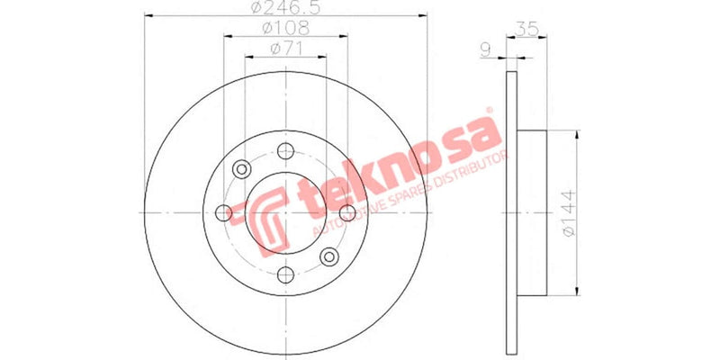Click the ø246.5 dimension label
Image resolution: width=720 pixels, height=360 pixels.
point(286,9)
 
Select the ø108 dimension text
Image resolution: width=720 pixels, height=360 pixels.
point(285,28)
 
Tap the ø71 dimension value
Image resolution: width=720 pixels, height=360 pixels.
point(285,49)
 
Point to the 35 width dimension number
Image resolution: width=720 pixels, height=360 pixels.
point(527,29)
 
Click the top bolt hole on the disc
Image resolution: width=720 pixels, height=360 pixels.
point(285,150)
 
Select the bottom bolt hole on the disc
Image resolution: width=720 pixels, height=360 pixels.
point(285,275)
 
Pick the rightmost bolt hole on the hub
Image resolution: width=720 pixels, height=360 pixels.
point(348,212)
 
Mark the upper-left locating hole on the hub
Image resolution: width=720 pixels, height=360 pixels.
point(242,169)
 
